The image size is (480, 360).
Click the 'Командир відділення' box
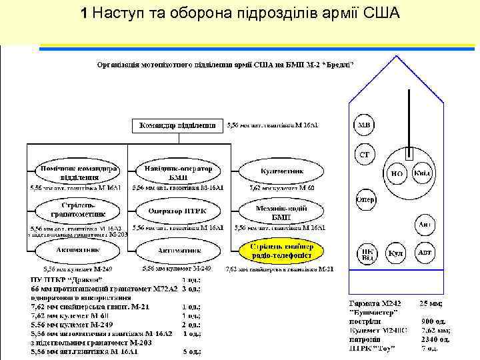tap(178, 126)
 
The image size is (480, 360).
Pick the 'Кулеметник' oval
tap(281, 171)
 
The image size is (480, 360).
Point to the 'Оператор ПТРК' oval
tap(178, 211)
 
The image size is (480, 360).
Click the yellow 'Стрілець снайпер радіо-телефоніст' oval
tap(281, 251)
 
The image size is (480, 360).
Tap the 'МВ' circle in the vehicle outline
tap(365, 124)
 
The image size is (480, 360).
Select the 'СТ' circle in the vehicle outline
tap(365, 155)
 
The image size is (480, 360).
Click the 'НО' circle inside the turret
tap(397, 173)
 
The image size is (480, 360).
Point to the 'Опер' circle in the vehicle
tap(365, 199)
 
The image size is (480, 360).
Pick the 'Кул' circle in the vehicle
tap(397, 254)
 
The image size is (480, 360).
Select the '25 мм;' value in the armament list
tap(431, 303)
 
